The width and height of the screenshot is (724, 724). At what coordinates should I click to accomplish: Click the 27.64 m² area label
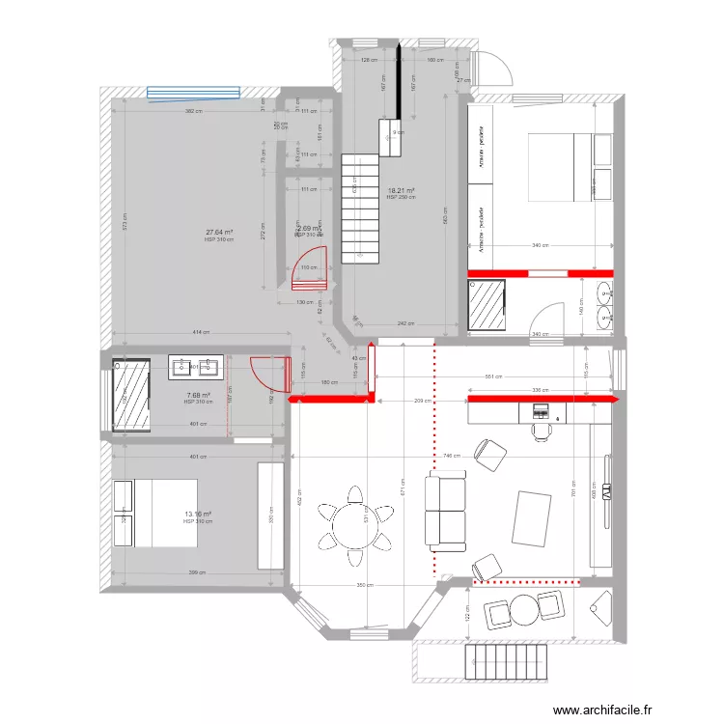(x=218, y=233)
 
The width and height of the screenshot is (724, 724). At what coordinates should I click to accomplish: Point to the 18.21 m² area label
(x=401, y=191)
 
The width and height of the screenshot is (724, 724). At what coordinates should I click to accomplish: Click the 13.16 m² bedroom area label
(x=198, y=515)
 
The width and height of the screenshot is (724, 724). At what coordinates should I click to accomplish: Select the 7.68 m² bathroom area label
(x=198, y=395)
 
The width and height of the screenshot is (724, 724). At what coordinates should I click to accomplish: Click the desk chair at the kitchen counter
(x=540, y=427)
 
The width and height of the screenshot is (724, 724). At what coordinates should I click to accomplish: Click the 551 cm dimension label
(x=493, y=376)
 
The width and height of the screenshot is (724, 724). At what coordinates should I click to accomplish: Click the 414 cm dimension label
(x=200, y=333)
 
